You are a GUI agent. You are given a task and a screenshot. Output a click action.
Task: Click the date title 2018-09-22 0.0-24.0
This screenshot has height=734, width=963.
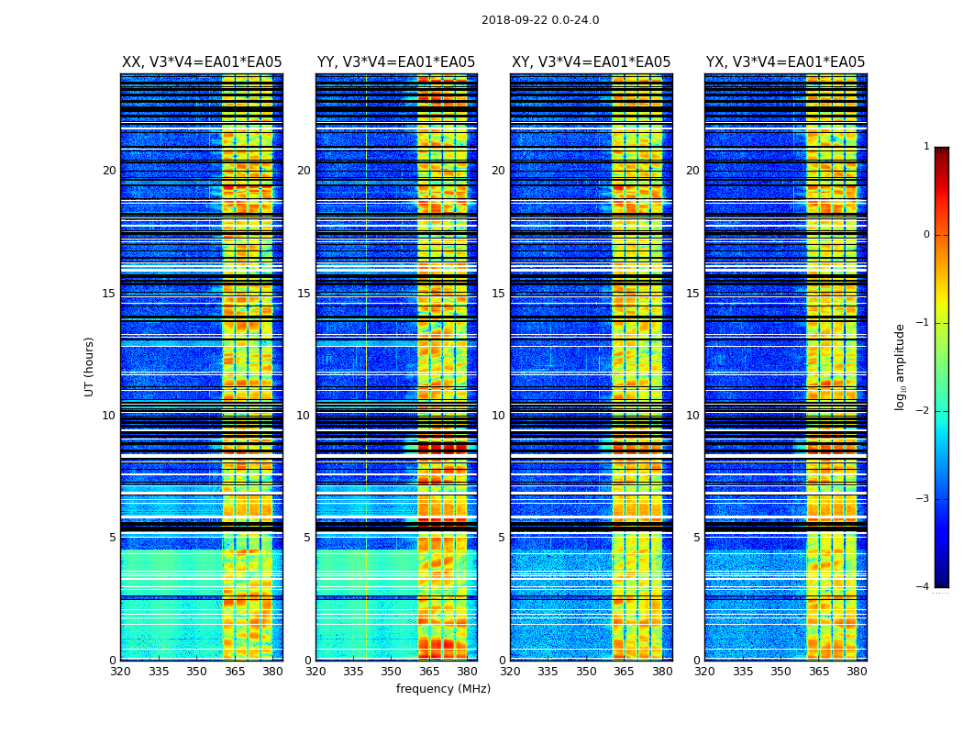click(540, 20)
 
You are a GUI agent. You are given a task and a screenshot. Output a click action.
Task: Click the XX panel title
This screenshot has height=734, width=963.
click(202, 62)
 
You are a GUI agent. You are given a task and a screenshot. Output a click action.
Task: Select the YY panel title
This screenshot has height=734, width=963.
click(396, 62)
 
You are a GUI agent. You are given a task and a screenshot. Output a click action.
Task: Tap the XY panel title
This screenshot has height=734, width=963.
click(591, 62)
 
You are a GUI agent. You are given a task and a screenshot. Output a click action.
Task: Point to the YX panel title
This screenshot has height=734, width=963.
click(785, 62)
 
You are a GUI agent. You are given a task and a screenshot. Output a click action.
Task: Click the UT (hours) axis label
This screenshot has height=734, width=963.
click(90, 366)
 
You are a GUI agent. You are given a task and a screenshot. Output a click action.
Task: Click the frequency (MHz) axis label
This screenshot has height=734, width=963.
click(443, 689)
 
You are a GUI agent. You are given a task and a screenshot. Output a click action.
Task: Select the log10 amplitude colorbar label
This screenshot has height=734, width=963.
click(901, 366)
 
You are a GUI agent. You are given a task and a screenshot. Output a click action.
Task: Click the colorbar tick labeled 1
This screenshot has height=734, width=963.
click(925, 147)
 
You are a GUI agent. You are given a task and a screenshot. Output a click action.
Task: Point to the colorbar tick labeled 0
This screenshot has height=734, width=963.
click(925, 235)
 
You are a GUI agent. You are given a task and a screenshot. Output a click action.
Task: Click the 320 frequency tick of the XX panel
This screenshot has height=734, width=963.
click(121, 672)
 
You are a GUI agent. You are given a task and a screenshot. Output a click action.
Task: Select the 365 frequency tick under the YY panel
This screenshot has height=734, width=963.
click(429, 672)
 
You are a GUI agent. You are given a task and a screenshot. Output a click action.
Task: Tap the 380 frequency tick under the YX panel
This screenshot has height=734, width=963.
click(857, 672)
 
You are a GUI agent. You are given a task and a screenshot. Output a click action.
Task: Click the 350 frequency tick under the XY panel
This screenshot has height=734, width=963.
click(586, 672)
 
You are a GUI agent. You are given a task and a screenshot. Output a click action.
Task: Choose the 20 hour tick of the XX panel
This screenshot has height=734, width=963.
click(109, 171)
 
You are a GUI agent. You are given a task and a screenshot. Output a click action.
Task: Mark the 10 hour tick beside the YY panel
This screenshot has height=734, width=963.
click(303, 416)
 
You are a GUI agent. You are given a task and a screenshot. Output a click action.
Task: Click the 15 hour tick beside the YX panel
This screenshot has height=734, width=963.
click(692, 294)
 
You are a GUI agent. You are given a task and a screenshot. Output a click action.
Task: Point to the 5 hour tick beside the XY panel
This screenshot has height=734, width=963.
click(501, 538)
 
